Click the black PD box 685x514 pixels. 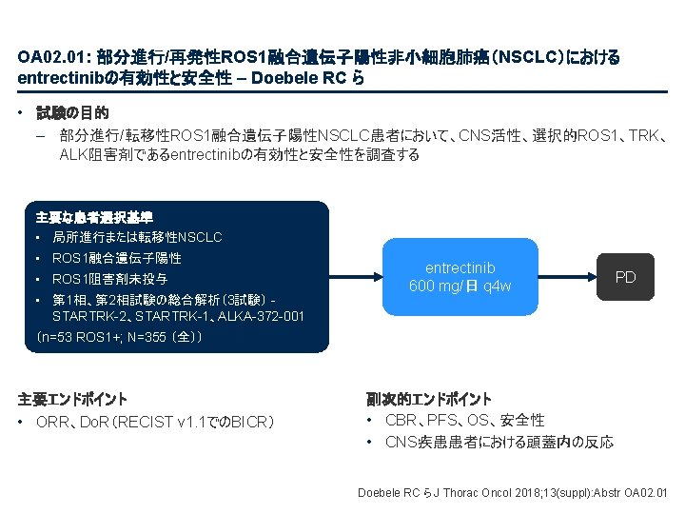pyautogui.click(x=625, y=277)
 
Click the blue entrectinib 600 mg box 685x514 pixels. pyautogui.click(x=460, y=277)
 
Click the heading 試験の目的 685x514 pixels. pyautogui.click(x=72, y=112)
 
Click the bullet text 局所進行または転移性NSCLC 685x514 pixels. pyautogui.click(x=137, y=237)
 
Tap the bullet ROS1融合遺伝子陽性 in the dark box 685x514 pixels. pyautogui.click(x=117, y=258)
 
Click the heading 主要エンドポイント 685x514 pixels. pyautogui.click(x=73, y=399)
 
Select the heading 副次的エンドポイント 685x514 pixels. pyautogui.click(x=429, y=399)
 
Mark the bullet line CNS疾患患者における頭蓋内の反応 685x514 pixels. pyautogui.click(x=499, y=442)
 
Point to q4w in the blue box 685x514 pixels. pyautogui.click(x=497, y=287)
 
